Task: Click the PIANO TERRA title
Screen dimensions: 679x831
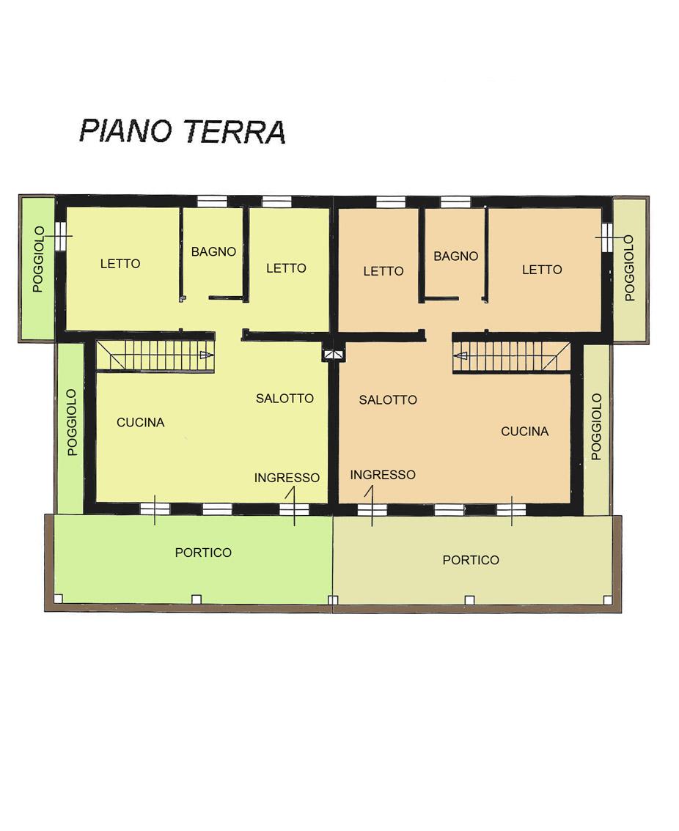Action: [183, 131]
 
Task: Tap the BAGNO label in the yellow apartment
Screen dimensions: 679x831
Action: [214, 252]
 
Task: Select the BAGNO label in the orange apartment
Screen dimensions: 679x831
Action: [455, 256]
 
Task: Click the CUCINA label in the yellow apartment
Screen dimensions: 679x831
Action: [141, 422]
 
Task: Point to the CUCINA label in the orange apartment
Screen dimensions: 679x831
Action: [524, 432]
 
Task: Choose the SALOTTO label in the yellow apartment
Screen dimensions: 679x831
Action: [285, 398]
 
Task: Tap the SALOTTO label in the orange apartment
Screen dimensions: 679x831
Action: [388, 399]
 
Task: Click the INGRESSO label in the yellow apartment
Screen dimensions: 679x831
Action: [287, 478]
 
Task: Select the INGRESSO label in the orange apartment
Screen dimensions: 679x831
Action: [383, 474]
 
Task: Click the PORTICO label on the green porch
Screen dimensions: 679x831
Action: [203, 553]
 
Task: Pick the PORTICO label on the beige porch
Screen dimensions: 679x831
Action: [471, 560]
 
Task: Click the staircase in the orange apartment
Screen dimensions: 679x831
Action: [512, 356]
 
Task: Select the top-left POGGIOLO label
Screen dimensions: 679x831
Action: [38, 259]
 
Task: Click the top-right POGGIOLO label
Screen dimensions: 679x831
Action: [630, 268]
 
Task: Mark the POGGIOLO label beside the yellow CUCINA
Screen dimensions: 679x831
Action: [73, 422]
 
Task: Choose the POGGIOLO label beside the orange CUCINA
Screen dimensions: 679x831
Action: [596, 426]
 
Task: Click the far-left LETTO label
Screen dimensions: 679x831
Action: [120, 263]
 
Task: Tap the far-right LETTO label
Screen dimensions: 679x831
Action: [542, 270]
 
